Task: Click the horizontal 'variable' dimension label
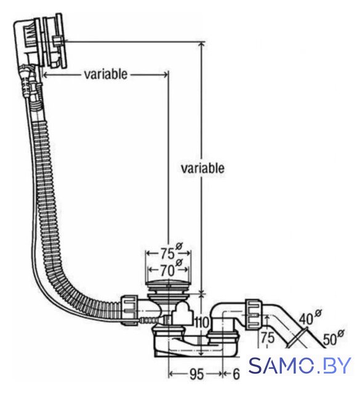click(x=106, y=74)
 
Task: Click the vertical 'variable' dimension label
click(x=202, y=168)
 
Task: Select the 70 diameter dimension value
click(x=170, y=269)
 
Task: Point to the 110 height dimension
click(x=202, y=323)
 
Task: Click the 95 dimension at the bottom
click(x=196, y=374)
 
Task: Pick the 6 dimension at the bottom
click(x=236, y=374)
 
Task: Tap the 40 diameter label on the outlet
click(x=310, y=318)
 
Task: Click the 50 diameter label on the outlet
click(x=334, y=338)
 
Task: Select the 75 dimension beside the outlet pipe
click(x=267, y=337)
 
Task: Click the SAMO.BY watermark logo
click(x=300, y=365)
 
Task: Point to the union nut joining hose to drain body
click(x=129, y=310)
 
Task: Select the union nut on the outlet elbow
click(x=252, y=313)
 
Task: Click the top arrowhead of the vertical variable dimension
click(x=201, y=45)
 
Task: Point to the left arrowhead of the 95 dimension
click(x=171, y=374)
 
